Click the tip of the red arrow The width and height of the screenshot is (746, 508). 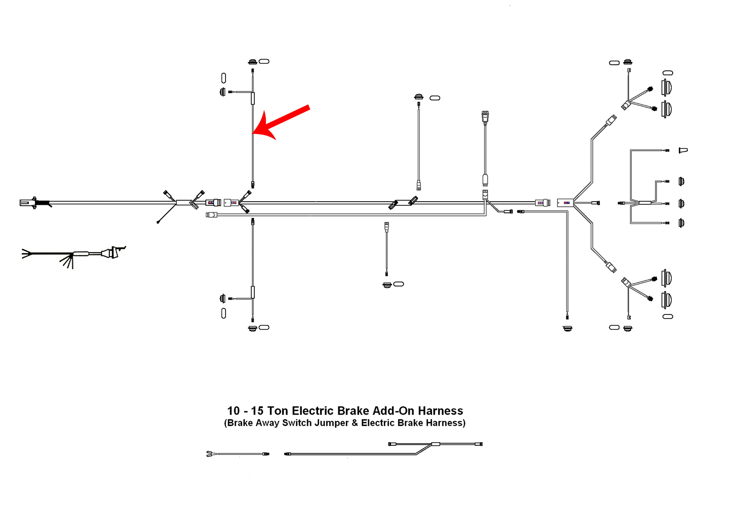[x=253, y=134]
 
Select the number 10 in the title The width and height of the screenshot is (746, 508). [x=233, y=411]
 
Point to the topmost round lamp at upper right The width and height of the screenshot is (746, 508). [x=667, y=87]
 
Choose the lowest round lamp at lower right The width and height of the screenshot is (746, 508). [x=667, y=300]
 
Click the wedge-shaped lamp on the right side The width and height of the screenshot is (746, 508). [x=683, y=150]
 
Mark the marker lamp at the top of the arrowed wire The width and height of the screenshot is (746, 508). [x=252, y=62]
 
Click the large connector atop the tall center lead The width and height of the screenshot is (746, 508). [x=485, y=117]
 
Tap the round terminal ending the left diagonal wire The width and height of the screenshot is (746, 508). [x=158, y=222]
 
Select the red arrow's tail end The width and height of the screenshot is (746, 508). [x=308, y=107]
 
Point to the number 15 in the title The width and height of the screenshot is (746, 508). [x=257, y=411]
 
